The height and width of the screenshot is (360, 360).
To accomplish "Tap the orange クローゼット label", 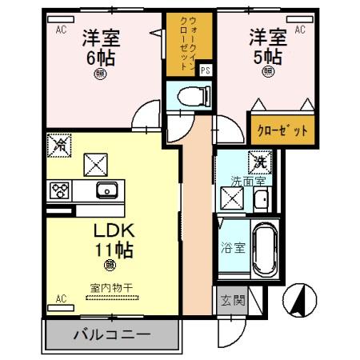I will click(282, 128).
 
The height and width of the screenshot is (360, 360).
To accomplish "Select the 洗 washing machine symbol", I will click(258, 160).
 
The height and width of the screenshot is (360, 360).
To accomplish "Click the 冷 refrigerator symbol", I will click(59, 145).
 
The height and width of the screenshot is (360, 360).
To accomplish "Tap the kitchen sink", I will click(106, 190).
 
